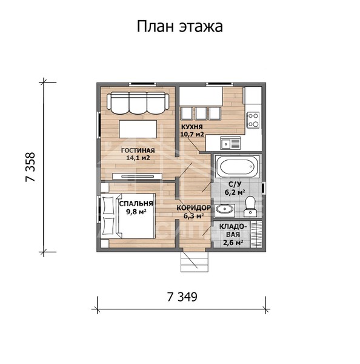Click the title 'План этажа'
click(x=179, y=27)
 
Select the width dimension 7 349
click(x=182, y=297)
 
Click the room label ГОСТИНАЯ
click(x=138, y=150)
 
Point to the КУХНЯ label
click(x=192, y=127)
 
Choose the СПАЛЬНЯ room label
click(x=136, y=204)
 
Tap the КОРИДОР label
click(x=193, y=207)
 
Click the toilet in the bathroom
click(x=250, y=209)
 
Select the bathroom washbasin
click(x=225, y=210)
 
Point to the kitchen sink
click(x=230, y=144)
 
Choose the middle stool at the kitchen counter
click(x=201, y=113)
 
